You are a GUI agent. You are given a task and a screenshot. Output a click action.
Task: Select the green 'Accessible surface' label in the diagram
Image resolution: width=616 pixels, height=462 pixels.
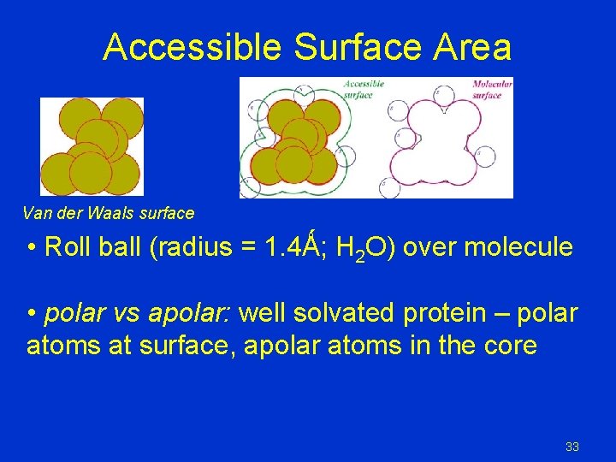pyautogui.click(x=364, y=89)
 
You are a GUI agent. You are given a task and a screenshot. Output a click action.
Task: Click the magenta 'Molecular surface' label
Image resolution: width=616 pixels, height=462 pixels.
pyautogui.click(x=492, y=89)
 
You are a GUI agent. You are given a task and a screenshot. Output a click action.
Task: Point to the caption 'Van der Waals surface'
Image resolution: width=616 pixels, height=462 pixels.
pyautogui.click(x=109, y=213)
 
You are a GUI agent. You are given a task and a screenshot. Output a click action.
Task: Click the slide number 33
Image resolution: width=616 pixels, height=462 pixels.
pyautogui.click(x=572, y=447)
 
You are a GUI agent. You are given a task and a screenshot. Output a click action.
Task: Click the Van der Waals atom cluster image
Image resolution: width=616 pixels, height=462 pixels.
pyautogui.click(x=92, y=146)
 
